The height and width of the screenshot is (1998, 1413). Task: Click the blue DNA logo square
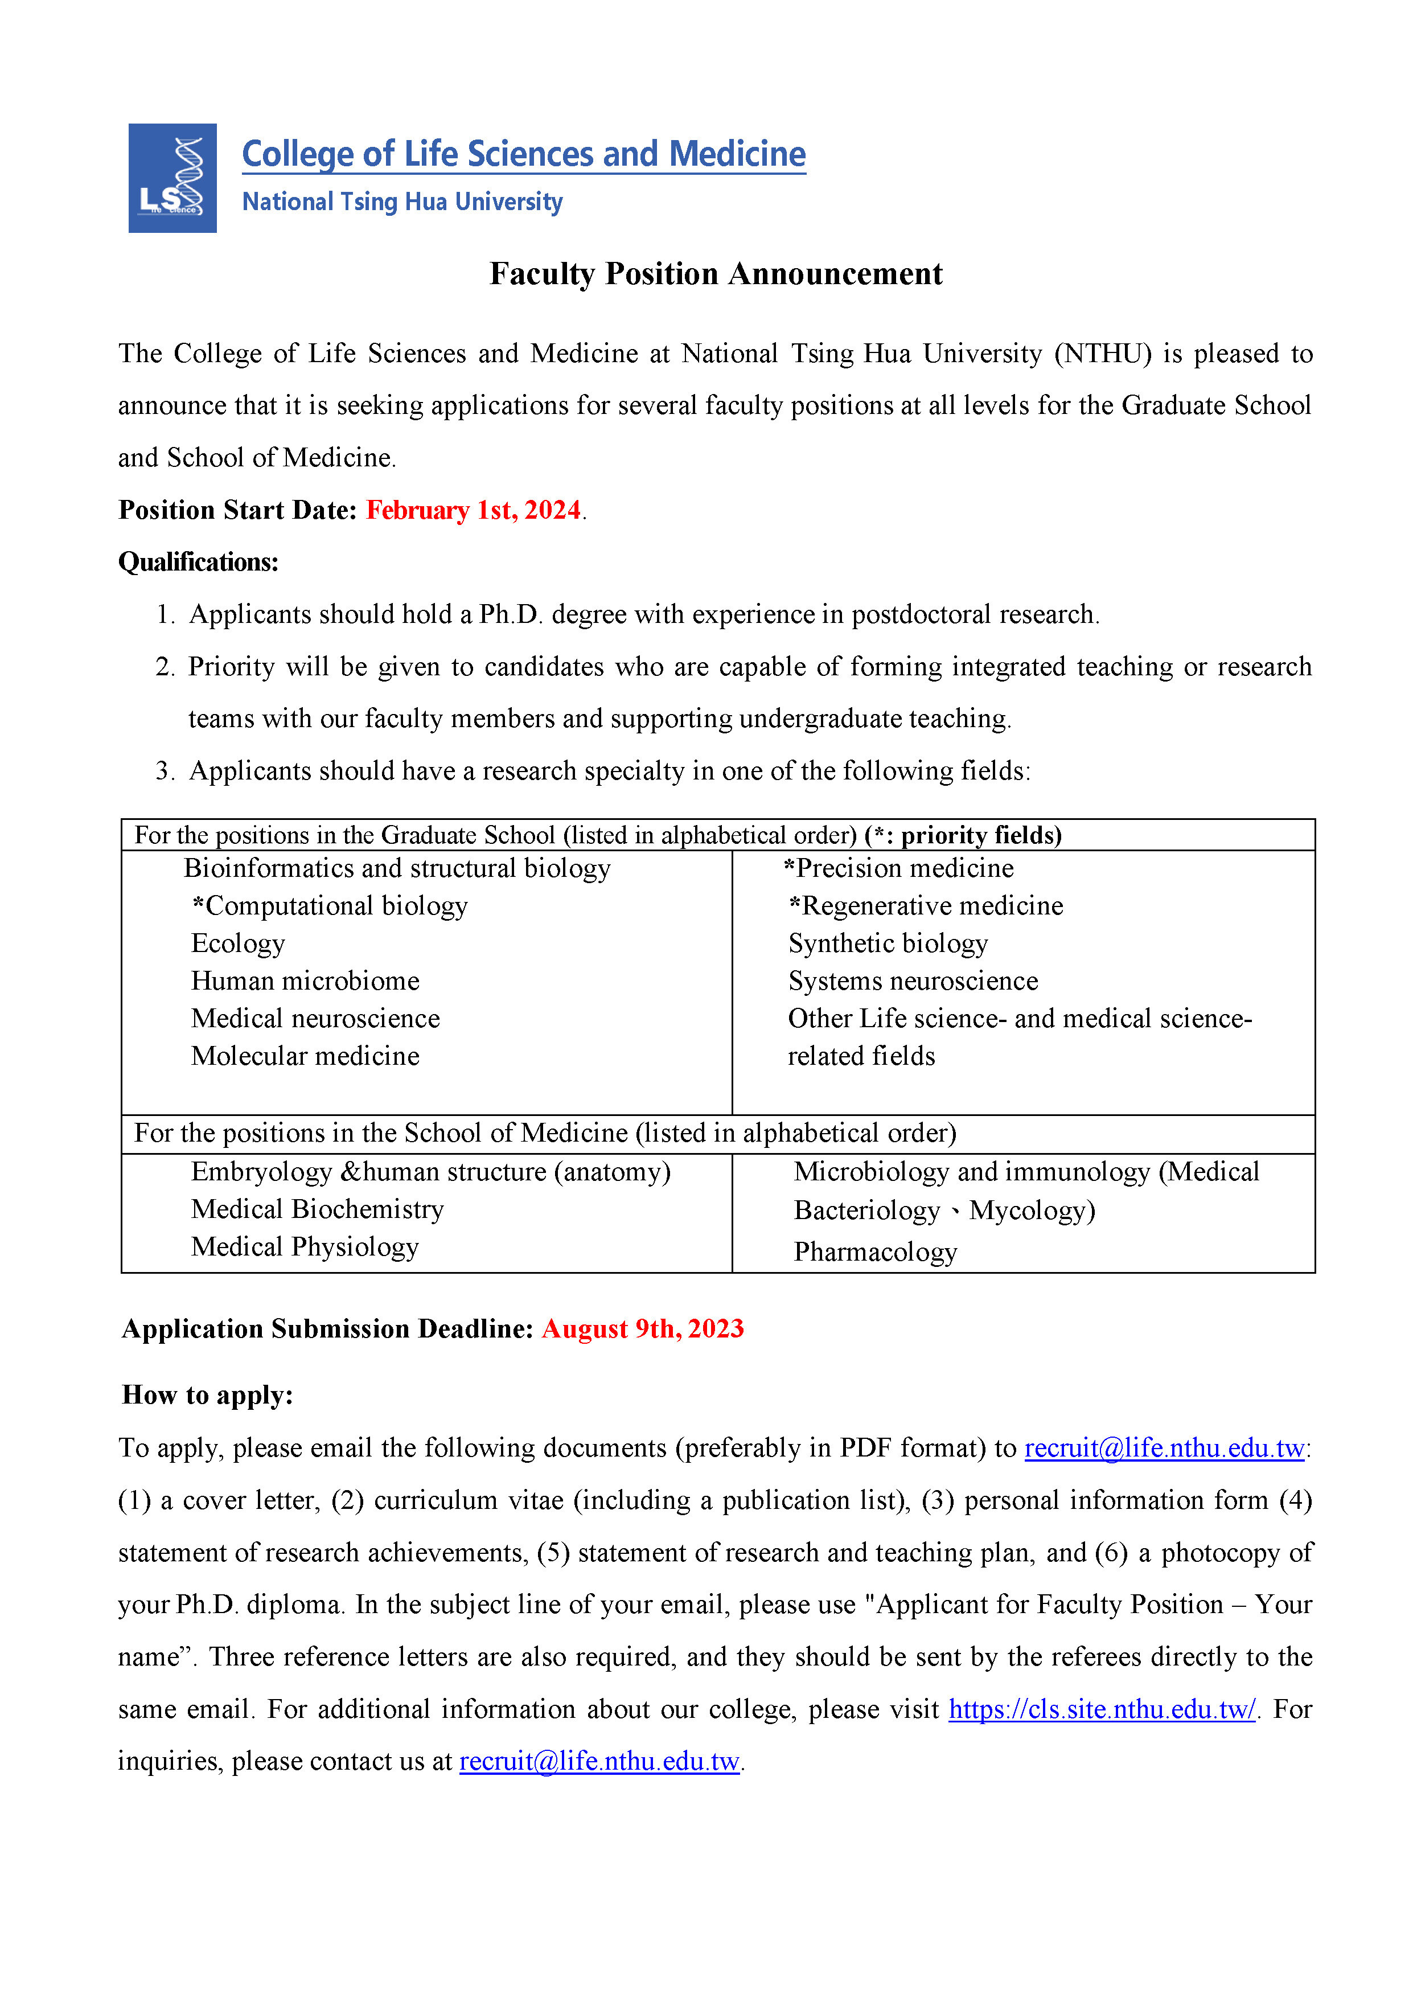[172, 178]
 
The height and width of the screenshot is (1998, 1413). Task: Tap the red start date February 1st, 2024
[473, 510]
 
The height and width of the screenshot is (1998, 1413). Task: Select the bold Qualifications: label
[198, 562]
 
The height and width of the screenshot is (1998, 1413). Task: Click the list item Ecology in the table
[237, 943]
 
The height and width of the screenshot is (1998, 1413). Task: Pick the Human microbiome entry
[305, 980]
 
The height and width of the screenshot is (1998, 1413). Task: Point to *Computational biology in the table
[330, 906]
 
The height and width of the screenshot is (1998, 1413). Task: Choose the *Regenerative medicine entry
[926, 906]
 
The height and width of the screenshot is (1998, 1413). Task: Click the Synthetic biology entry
[888, 943]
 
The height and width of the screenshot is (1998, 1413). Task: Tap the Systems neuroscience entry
[913, 980]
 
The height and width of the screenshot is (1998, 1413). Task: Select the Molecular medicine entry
[305, 1056]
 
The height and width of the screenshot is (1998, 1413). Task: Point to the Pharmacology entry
[874, 1252]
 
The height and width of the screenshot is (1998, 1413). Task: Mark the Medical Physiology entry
[305, 1246]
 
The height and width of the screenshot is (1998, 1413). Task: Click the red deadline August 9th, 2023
[642, 1329]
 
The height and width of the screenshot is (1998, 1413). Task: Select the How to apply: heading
[207, 1395]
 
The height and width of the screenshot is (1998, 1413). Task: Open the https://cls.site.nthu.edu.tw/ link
[1102, 1709]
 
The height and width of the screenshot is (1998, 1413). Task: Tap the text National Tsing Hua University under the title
[402, 202]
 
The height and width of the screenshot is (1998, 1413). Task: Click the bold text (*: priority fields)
[963, 835]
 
